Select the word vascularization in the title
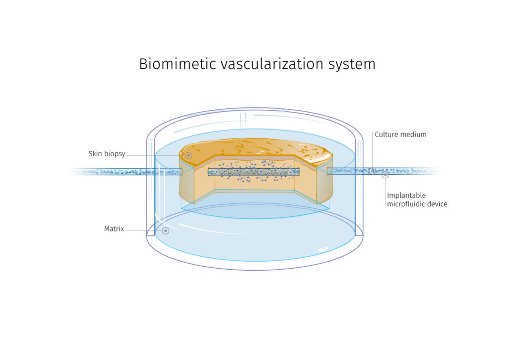pyautogui.click(x=268, y=64)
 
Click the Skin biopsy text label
pyautogui.click(x=106, y=154)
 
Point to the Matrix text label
pyautogui.click(x=114, y=229)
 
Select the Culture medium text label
pyautogui.click(x=401, y=135)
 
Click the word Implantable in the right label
pyautogui.click(x=406, y=195)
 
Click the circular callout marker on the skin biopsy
pyautogui.click(x=188, y=156)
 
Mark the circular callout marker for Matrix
pyautogui.click(x=165, y=230)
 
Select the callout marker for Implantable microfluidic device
pyautogui.click(x=385, y=175)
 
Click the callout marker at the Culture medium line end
pyautogui.click(x=372, y=171)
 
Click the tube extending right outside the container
pyautogui.click(x=402, y=171)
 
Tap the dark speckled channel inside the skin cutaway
pyautogui.click(x=253, y=172)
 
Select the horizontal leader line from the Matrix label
pyautogui.click(x=143, y=230)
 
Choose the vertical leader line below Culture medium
pyautogui.click(x=372, y=151)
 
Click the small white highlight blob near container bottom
pyautogui.click(x=323, y=249)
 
